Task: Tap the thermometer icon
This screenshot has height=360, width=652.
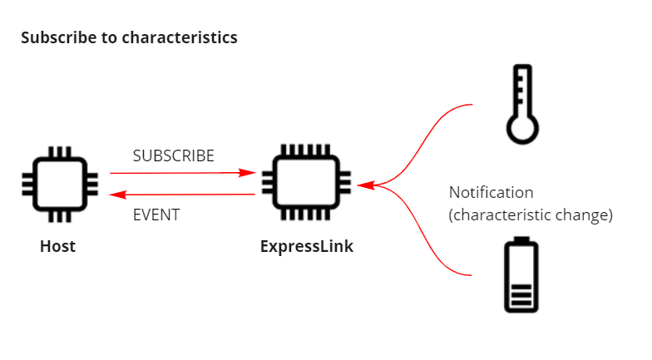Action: [522, 103]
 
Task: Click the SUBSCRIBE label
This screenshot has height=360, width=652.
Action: [173, 155]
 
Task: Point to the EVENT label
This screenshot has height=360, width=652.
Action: [156, 215]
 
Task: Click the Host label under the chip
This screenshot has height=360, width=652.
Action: [57, 246]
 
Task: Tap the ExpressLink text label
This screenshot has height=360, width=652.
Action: [306, 246]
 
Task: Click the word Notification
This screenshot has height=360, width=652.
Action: [491, 193]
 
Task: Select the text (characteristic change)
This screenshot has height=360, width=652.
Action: [531, 215]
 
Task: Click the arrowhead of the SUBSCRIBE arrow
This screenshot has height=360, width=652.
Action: [247, 173]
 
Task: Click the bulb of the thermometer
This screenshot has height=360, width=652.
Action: [522, 129]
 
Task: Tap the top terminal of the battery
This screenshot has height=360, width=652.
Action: [521, 240]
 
